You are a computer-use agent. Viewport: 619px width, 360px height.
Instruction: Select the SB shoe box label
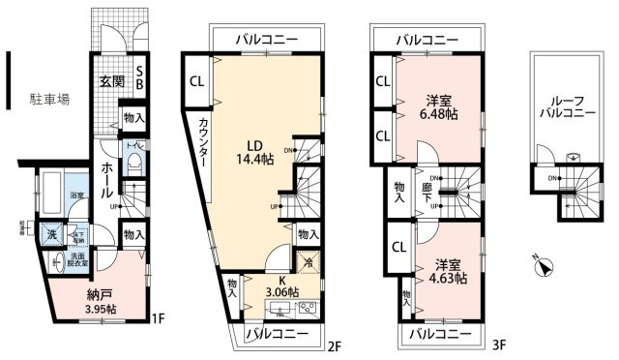[x=140, y=76]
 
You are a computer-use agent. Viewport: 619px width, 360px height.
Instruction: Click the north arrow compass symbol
[x=545, y=266]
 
